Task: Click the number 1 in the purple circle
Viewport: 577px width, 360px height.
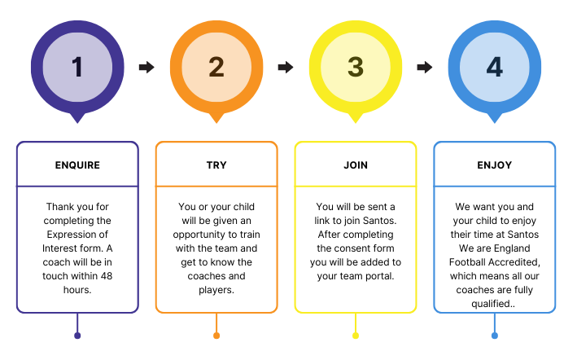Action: [x=77, y=67]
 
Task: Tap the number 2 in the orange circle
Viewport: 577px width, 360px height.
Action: [x=216, y=67]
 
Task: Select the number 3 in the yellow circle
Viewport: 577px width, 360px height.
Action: [x=356, y=67]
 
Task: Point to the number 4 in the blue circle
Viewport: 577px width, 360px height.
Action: [x=495, y=67]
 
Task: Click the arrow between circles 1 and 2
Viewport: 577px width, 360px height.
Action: [x=146, y=67]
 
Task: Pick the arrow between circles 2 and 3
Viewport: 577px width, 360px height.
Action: [x=286, y=67]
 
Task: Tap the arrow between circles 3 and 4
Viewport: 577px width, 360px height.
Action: [x=425, y=67]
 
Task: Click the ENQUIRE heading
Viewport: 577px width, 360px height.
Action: [x=77, y=165]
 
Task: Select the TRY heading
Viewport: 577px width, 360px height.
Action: [x=216, y=165]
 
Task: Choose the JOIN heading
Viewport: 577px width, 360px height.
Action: [x=356, y=165]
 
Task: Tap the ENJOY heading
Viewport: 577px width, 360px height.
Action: [x=495, y=165]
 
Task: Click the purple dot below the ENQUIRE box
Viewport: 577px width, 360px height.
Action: [x=77, y=336]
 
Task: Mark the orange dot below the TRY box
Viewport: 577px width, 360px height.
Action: [x=216, y=336]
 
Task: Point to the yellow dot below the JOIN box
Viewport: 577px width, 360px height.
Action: [x=356, y=336]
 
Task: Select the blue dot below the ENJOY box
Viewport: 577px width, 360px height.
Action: [x=495, y=336]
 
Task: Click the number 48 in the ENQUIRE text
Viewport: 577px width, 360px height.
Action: [x=107, y=276]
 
